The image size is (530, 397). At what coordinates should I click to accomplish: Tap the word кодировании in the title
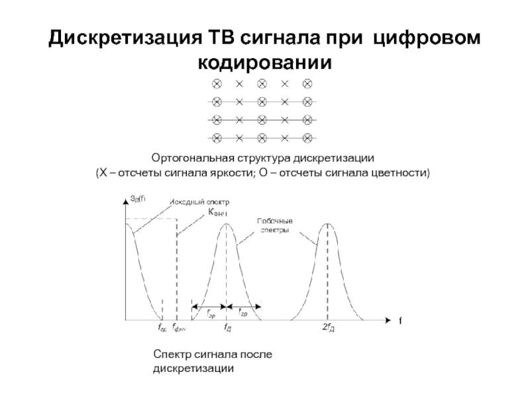pos(264,63)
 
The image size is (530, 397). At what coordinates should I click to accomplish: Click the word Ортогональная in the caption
pos(189,159)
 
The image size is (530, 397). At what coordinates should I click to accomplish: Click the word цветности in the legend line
pos(403,173)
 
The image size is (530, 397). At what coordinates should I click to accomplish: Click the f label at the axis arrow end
pos(400,320)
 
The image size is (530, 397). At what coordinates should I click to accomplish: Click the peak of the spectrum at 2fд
pos(326,224)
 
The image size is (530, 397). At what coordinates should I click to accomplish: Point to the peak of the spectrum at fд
pos(227,224)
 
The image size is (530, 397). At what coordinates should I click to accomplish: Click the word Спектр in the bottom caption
pos(172,355)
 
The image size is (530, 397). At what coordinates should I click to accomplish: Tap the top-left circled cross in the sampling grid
pos(216,84)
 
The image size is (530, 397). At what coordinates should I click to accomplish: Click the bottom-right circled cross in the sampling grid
pos(307,138)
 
